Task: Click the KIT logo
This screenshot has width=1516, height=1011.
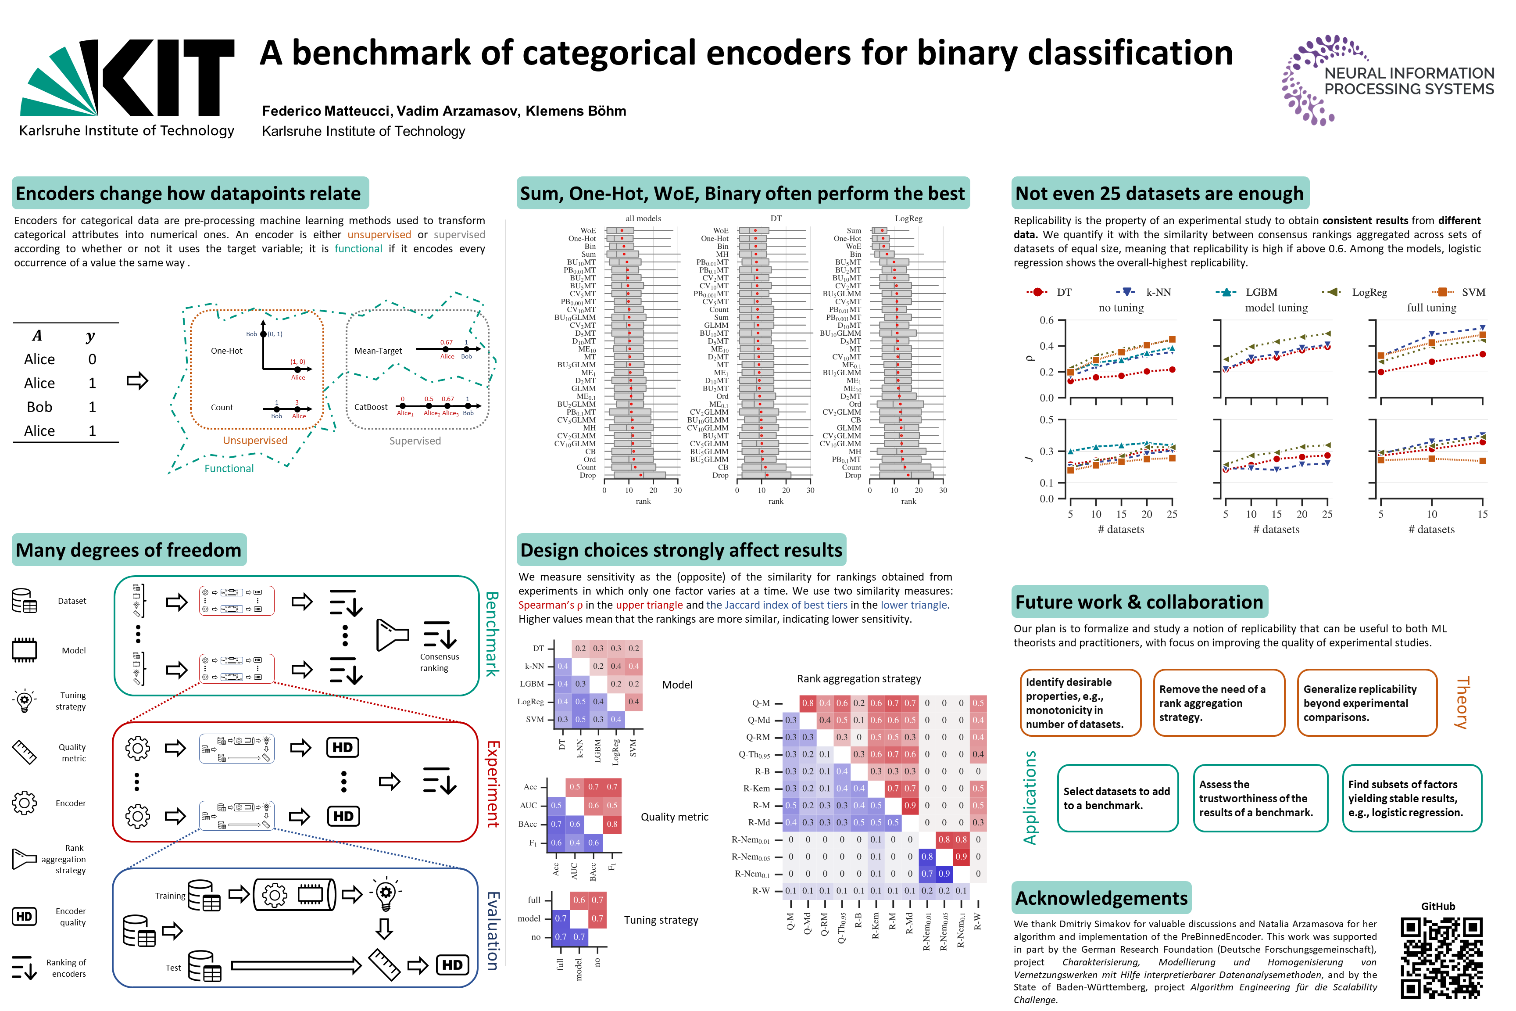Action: pos(127,87)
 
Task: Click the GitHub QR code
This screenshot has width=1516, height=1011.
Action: pos(1441,957)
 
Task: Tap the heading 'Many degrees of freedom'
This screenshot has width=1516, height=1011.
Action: pos(128,550)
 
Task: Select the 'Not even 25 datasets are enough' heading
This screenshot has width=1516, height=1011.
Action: pos(1159,194)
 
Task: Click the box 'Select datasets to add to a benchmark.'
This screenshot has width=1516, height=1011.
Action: pos(1117,798)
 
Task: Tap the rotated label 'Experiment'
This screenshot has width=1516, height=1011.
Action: pos(493,783)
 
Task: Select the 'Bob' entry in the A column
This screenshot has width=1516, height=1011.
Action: pos(39,407)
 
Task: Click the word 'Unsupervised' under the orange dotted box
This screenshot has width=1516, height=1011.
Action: pos(255,441)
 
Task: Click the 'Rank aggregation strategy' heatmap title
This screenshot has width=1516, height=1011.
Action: pos(858,678)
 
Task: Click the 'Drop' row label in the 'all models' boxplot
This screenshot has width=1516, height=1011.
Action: pos(587,475)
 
